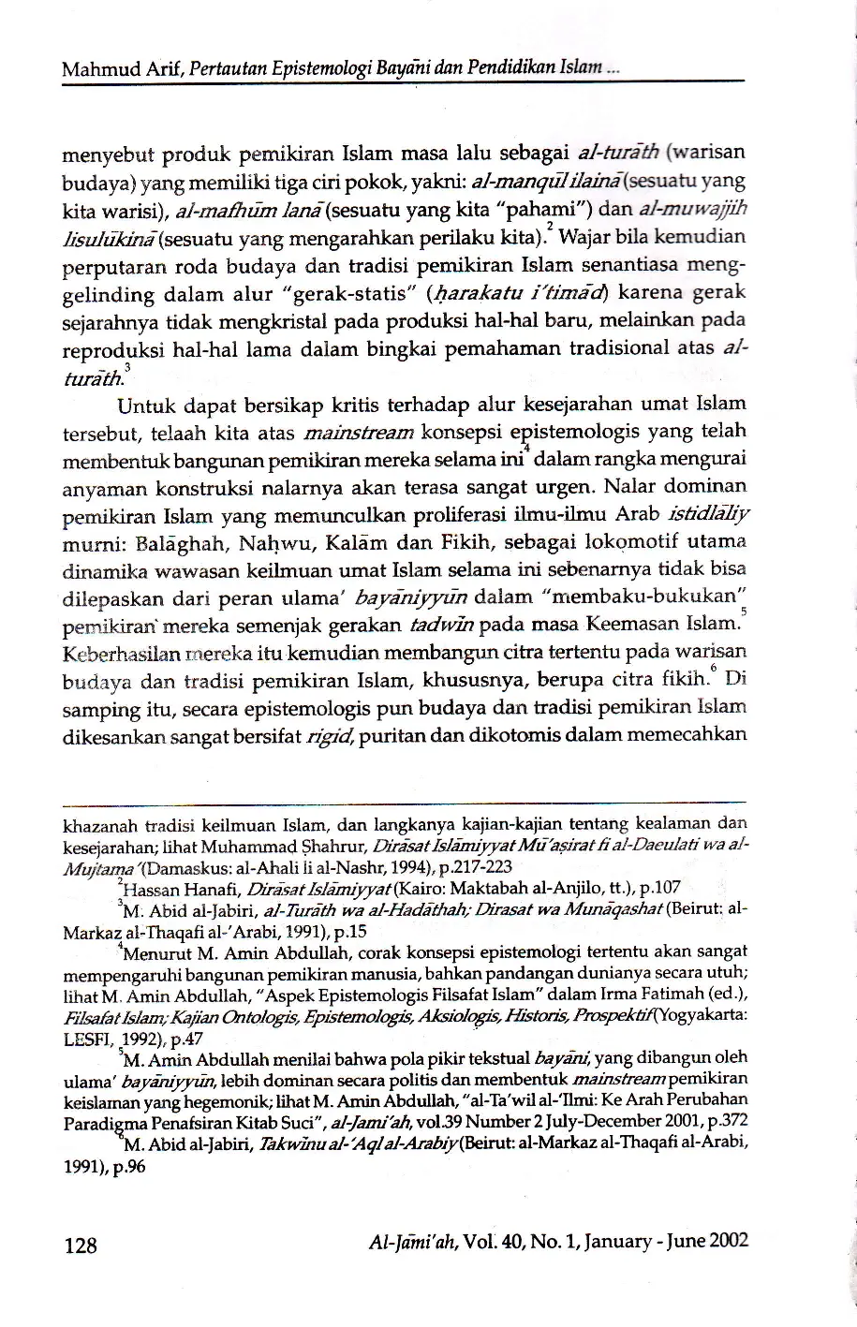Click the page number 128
tap(80, 1244)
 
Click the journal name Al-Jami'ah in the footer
tap(409, 1242)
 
